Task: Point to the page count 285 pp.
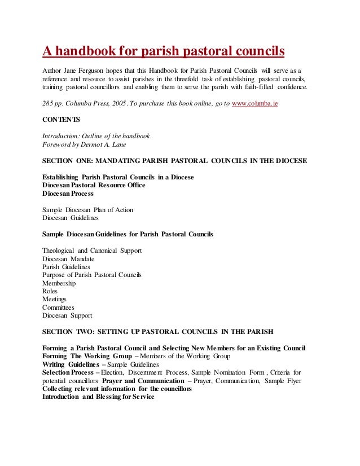(x=54, y=105)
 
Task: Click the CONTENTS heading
(x=62, y=120)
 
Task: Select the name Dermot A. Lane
(x=106, y=144)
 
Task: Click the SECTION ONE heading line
(x=175, y=161)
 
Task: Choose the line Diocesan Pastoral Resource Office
(x=94, y=185)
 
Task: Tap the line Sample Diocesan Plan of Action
(x=88, y=210)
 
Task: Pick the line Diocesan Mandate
(x=68, y=259)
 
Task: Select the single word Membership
(x=59, y=283)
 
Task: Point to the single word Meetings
(x=54, y=299)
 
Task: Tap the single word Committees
(x=58, y=307)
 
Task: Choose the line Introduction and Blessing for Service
(x=98, y=397)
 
